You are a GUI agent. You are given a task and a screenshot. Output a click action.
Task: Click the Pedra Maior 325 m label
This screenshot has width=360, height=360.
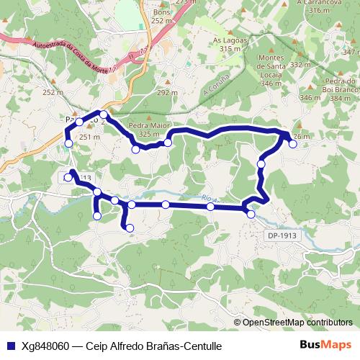148,130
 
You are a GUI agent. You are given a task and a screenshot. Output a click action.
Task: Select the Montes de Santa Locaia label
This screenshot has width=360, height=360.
271,71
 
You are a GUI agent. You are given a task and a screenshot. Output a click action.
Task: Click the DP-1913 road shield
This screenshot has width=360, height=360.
281,235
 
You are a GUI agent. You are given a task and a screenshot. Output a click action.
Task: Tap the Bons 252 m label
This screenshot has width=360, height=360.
163,17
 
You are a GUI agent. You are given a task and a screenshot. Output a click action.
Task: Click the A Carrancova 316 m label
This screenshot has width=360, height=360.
318,6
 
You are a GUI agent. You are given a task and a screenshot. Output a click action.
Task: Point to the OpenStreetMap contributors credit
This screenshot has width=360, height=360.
297,323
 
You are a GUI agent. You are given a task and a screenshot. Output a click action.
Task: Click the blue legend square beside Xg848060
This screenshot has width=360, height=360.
9,345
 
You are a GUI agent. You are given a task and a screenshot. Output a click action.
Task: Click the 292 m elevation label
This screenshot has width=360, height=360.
167,93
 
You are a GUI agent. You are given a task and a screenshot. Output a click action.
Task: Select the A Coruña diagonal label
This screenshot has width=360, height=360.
216,86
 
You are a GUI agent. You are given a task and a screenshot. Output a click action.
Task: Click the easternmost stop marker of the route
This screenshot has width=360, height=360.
293,144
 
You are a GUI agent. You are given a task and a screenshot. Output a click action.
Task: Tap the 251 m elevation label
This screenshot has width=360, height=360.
89,137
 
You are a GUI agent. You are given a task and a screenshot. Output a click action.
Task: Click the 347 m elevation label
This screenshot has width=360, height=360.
351,53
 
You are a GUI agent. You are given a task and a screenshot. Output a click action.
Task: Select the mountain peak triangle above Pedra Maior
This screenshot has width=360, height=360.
148,117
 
